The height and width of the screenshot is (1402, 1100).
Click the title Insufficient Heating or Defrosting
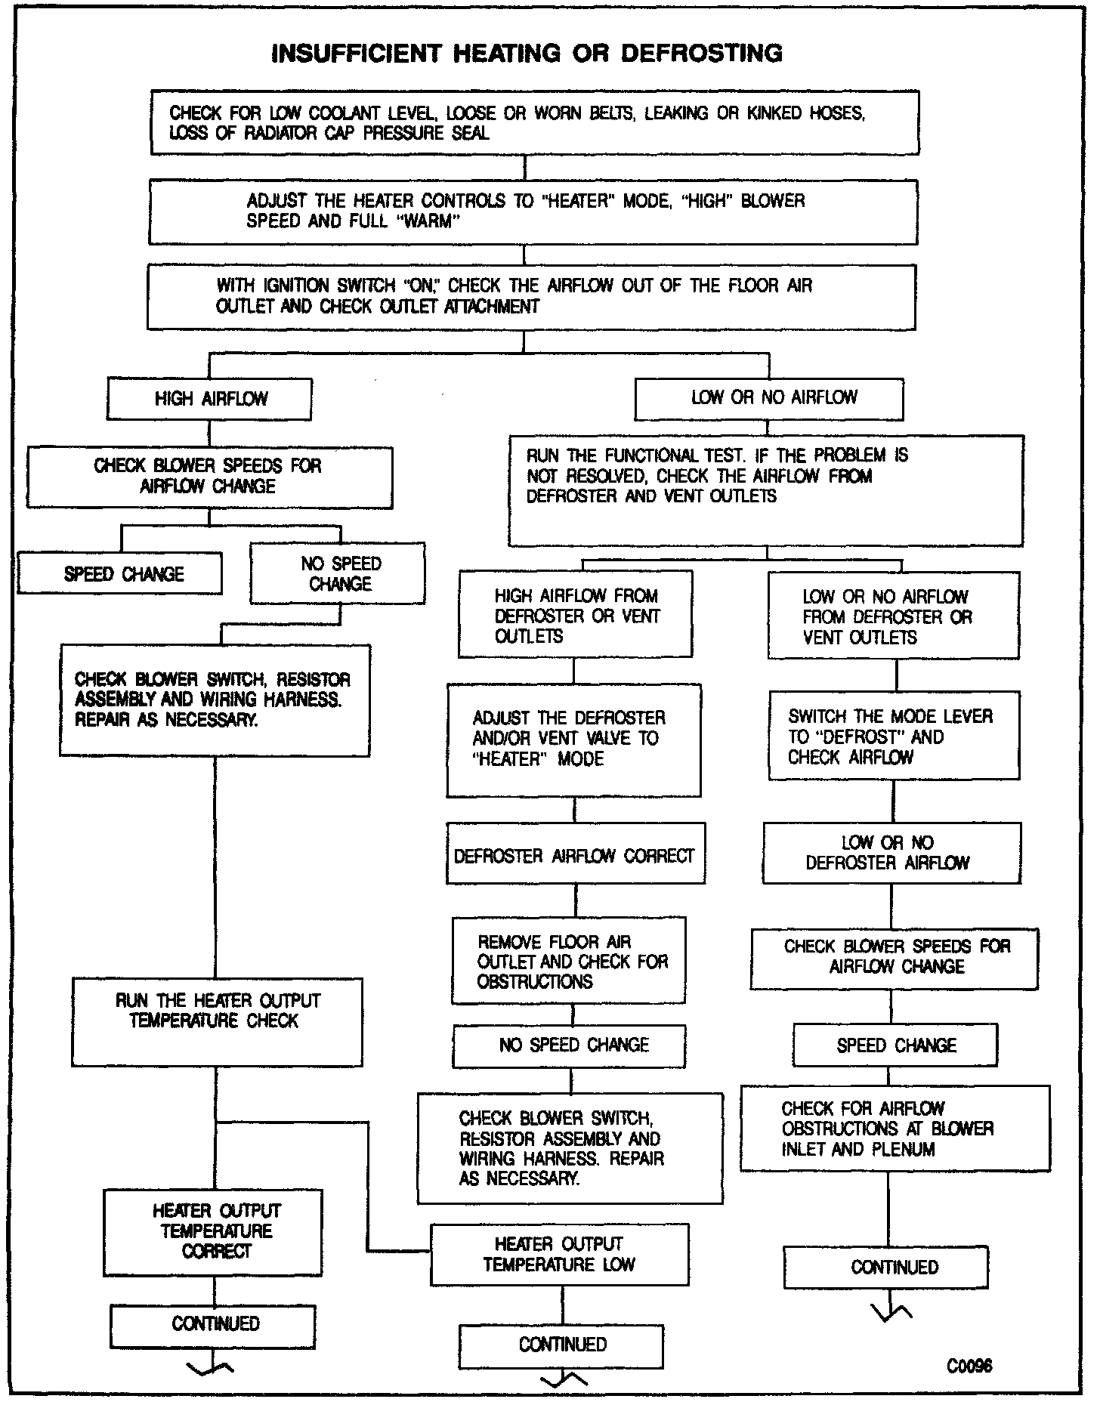pos(527,53)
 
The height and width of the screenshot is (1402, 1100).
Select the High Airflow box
pos(209,399)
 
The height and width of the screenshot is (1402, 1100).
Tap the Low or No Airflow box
pos(769,398)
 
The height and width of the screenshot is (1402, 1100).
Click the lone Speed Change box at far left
pos(120,573)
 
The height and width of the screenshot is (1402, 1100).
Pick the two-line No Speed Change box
pos(338,574)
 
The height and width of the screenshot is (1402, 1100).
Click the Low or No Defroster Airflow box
pos(891,854)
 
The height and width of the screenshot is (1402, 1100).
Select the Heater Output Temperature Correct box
pos(213,1232)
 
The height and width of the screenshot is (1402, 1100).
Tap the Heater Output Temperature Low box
pos(560,1254)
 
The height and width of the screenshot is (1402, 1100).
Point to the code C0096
pos(970,1366)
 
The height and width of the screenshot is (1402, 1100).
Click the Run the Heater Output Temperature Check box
pos(218,1021)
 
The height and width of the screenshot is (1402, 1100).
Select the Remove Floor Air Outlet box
pos(569,961)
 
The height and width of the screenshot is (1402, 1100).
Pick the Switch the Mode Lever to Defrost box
pos(894,737)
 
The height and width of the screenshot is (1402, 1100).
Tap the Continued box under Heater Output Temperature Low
pos(561,1345)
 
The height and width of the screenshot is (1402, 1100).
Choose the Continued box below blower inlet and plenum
pos(886,1267)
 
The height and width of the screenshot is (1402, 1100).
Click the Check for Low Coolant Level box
pos(535,122)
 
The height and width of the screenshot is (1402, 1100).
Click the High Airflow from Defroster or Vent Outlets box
pos(575,615)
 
